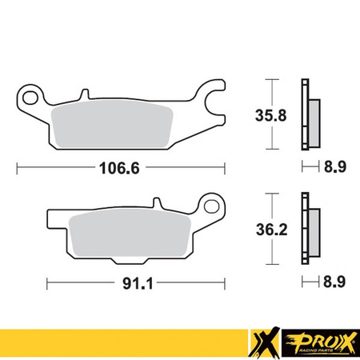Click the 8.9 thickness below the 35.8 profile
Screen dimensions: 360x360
click(x=334, y=169)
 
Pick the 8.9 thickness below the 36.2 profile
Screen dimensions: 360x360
click(x=334, y=282)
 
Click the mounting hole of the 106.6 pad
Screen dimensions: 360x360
click(x=31, y=100)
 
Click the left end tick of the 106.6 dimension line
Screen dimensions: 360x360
click(x=18, y=169)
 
